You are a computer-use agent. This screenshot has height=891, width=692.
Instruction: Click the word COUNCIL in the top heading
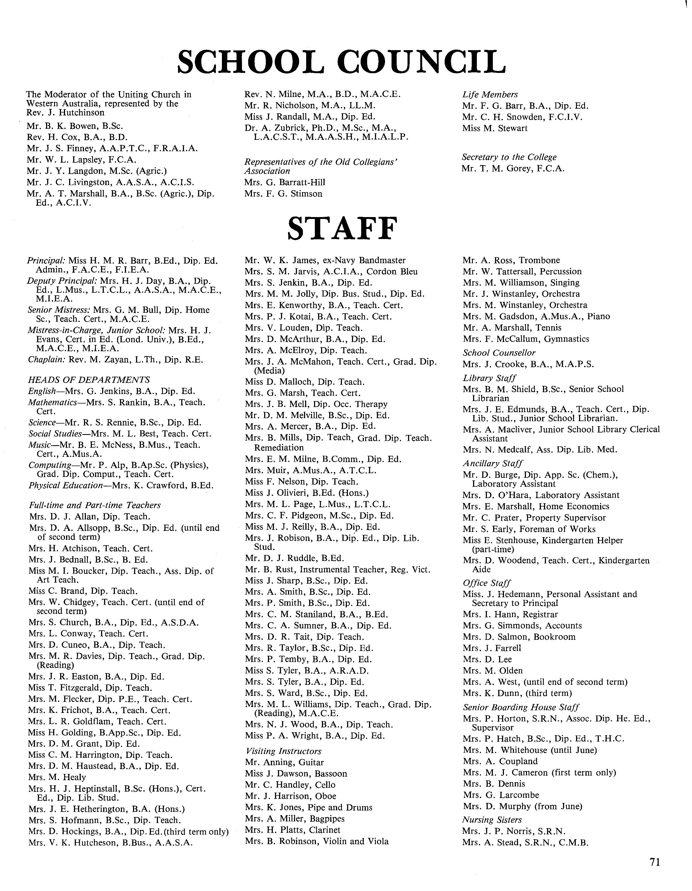[422, 62]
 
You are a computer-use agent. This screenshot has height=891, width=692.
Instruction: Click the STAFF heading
[342, 229]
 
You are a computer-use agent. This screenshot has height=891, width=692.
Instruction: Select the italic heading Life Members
[490, 95]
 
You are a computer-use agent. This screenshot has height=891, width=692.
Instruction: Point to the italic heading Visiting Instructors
[283, 751]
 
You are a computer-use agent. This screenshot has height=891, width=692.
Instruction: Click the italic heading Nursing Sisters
[492, 820]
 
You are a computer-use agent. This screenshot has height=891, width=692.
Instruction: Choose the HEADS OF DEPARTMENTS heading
[89, 380]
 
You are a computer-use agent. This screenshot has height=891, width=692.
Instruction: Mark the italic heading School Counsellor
[499, 353]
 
